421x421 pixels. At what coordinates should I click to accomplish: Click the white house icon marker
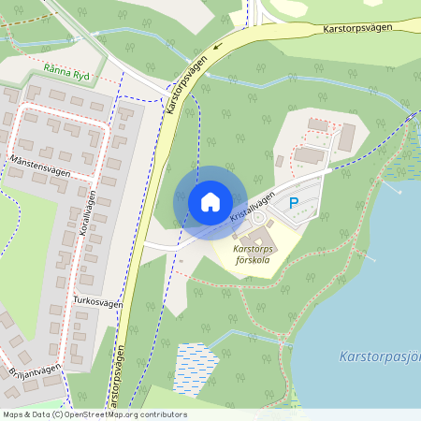pyautogui.click(x=210, y=201)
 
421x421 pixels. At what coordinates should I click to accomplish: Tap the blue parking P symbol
pyautogui.click(x=293, y=202)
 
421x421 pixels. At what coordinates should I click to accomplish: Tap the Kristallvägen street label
pyautogui.click(x=252, y=207)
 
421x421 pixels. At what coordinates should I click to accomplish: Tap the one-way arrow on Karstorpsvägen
pyautogui.click(x=218, y=45)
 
